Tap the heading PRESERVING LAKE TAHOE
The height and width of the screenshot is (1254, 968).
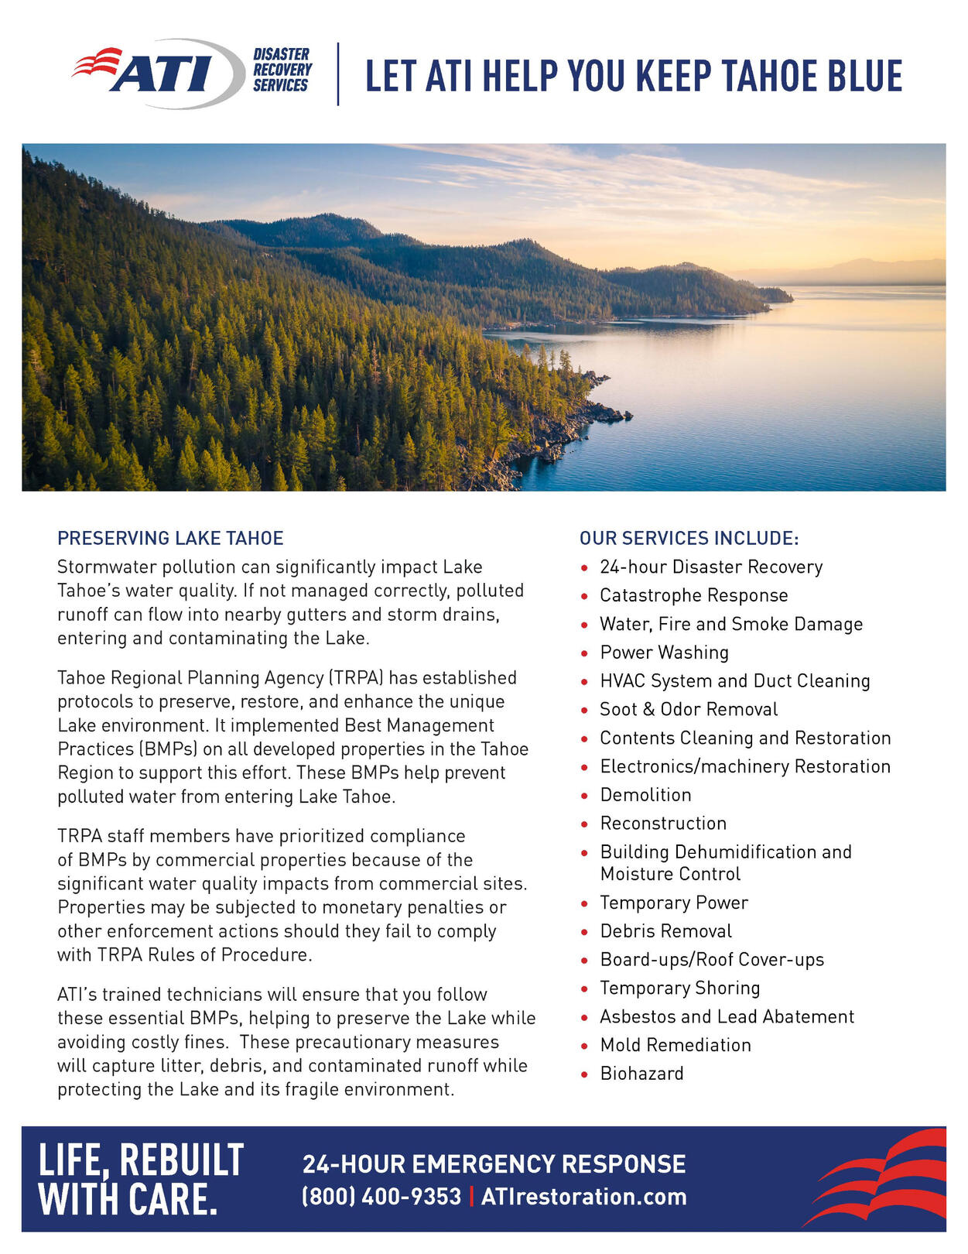(170, 538)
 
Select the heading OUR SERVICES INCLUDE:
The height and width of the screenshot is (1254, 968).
(689, 538)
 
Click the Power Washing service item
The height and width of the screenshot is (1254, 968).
(664, 653)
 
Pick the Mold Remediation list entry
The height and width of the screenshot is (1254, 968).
(675, 1045)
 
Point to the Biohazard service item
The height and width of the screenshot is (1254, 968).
(641, 1074)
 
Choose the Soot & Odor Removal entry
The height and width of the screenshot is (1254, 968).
(689, 709)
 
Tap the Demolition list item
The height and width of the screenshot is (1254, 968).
(645, 795)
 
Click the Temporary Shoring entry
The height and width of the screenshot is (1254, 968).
(679, 988)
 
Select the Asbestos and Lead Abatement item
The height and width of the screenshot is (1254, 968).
(727, 1016)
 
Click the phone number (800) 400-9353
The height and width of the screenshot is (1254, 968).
(381, 1197)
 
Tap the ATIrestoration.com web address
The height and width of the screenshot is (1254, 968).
(583, 1197)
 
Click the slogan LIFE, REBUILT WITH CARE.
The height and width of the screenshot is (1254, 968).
(141, 1179)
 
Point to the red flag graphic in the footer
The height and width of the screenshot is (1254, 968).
(878, 1177)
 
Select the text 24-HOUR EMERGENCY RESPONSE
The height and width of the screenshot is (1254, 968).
(494, 1164)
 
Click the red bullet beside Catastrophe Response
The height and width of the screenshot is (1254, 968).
(584, 597)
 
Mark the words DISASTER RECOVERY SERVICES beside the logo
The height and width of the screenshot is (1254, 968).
(282, 70)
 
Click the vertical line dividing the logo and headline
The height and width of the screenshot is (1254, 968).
(338, 74)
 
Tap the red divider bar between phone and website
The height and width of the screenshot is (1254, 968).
(471, 1197)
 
